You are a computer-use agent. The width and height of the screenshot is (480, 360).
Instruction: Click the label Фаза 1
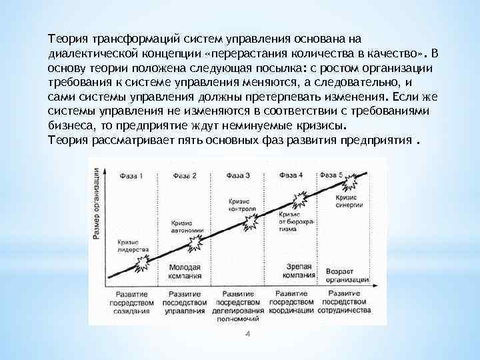pos(131,175)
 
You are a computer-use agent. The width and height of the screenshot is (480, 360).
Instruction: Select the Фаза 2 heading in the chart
pos(185,175)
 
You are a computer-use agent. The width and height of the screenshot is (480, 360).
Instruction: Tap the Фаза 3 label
pos(238,175)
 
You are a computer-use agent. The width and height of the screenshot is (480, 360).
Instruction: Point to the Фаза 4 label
pos(291,175)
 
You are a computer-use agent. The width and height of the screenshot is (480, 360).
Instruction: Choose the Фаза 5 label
pos(332,175)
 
